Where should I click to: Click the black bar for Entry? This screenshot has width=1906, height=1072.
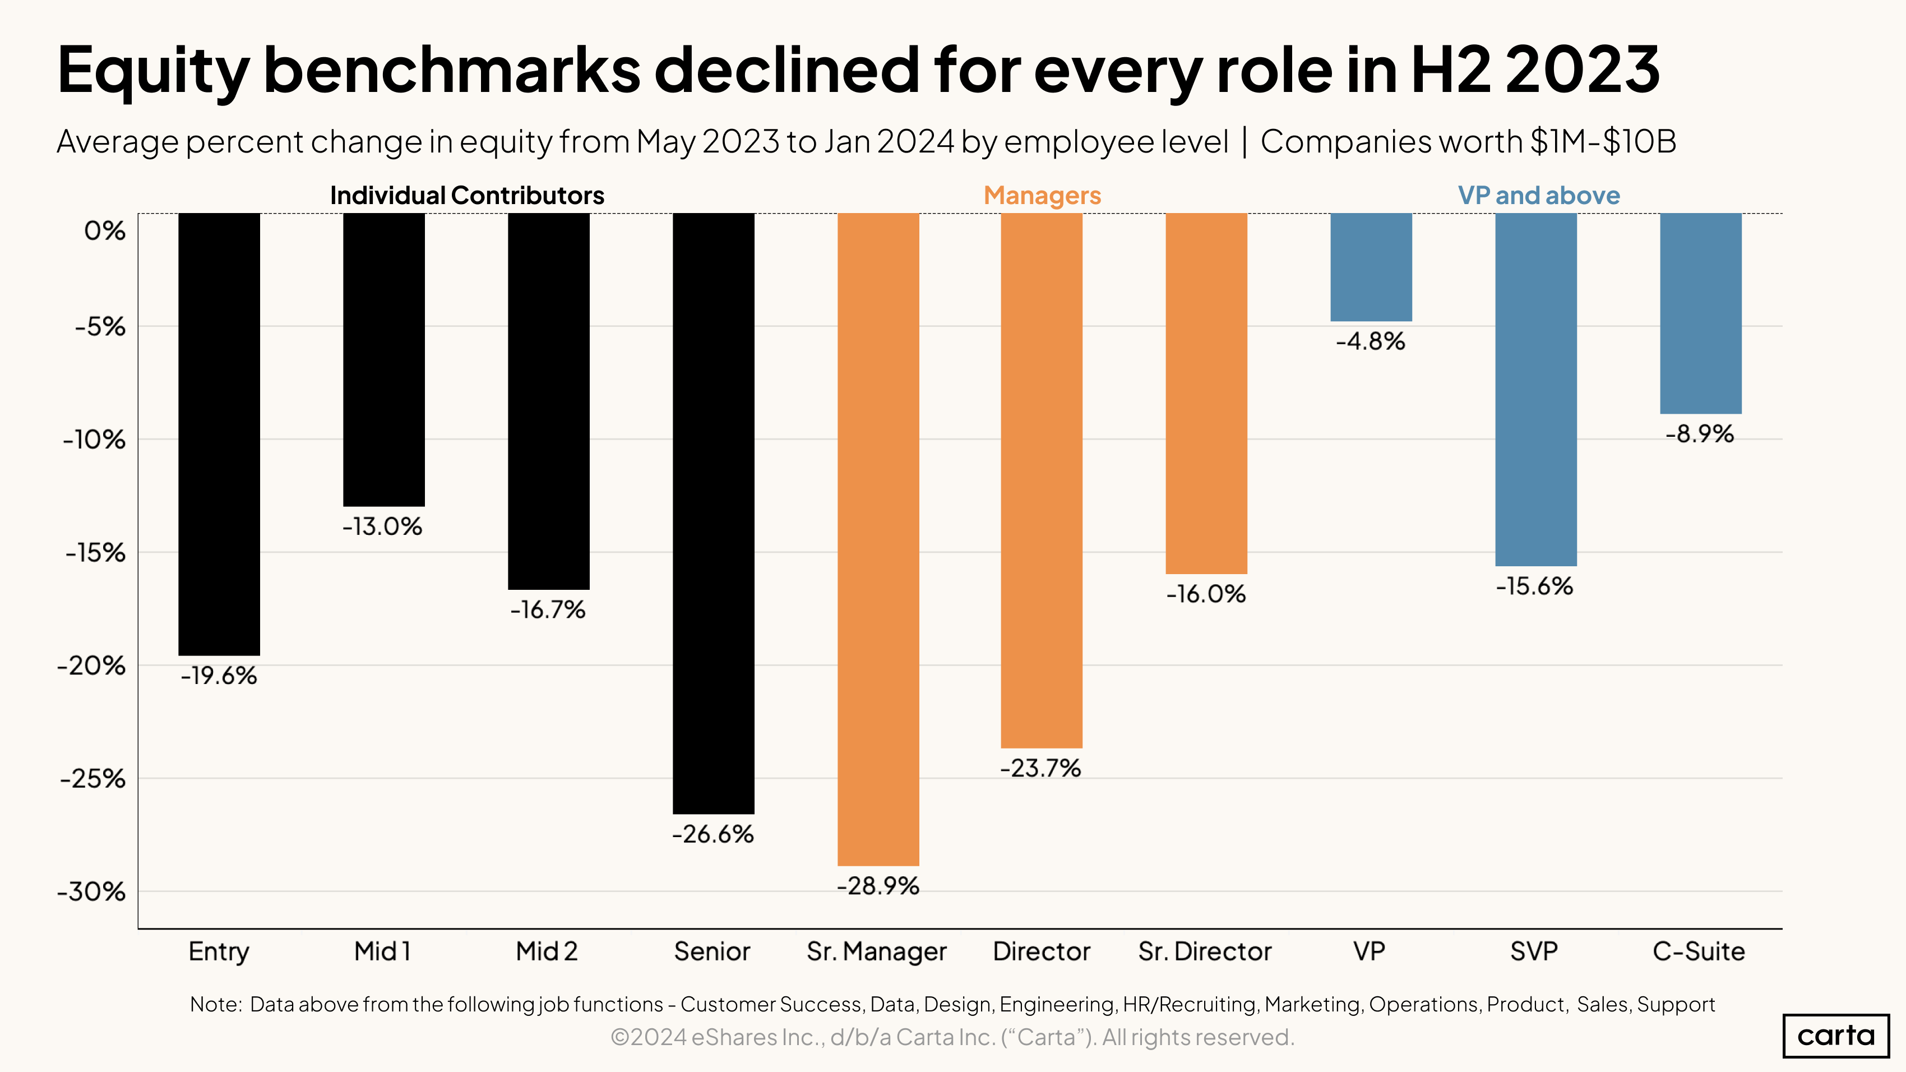219,435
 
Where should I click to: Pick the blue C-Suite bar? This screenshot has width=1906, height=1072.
1700,313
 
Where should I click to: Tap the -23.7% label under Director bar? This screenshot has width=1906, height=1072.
1041,769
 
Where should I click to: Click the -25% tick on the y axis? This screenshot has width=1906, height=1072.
93,778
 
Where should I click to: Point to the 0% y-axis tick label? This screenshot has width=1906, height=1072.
104,231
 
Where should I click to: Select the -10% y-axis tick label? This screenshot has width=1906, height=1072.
95,440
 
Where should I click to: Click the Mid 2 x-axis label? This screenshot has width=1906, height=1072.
547,951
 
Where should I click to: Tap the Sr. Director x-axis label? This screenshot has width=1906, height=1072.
1205,951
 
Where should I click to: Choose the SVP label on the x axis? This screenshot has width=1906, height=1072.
1534,951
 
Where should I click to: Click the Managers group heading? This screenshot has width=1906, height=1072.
1042,195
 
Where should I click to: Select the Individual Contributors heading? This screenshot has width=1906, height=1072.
467,195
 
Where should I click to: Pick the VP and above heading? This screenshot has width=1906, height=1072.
1539,195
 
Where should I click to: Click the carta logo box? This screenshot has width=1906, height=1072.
1836,1035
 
